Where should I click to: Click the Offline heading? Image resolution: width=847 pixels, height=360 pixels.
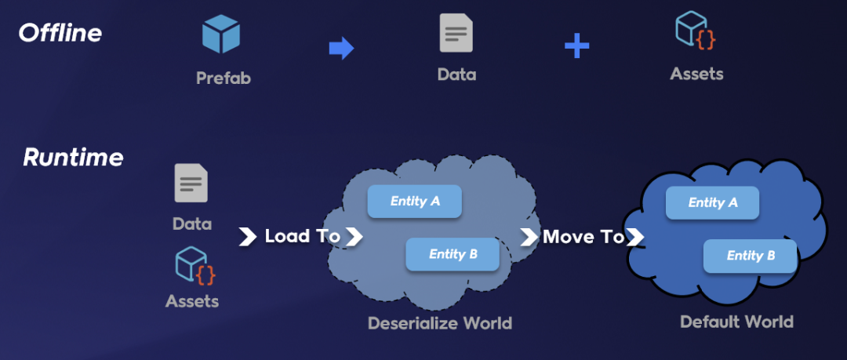click(60, 33)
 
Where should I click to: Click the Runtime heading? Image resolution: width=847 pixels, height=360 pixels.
click(73, 158)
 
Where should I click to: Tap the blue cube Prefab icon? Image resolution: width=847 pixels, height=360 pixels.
click(221, 35)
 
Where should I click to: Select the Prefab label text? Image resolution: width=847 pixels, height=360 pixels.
click(224, 78)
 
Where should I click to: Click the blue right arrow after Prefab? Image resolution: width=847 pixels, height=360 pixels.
click(341, 49)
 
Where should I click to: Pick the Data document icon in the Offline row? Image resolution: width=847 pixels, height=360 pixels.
click(456, 34)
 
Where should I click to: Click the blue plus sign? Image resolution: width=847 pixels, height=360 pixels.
click(576, 46)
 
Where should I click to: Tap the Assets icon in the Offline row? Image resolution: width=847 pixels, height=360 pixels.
click(696, 31)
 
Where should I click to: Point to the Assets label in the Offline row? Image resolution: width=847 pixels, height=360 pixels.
click(696, 75)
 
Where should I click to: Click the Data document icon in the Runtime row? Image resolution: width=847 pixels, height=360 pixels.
click(191, 184)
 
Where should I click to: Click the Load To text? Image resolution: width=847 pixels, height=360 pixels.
click(303, 236)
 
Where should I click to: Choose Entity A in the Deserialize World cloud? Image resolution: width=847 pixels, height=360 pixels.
click(415, 202)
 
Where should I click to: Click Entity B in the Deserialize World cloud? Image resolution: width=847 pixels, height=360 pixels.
click(453, 254)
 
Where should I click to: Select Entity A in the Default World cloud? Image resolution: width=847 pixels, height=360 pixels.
click(712, 202)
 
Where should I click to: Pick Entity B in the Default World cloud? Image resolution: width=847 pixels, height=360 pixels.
click(750, 256)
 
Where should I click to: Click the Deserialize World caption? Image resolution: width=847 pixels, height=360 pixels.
click(439, 323)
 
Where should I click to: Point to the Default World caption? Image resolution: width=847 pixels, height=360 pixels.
click(736, 322)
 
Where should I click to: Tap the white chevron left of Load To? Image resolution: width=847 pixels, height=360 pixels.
click(248, 236)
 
